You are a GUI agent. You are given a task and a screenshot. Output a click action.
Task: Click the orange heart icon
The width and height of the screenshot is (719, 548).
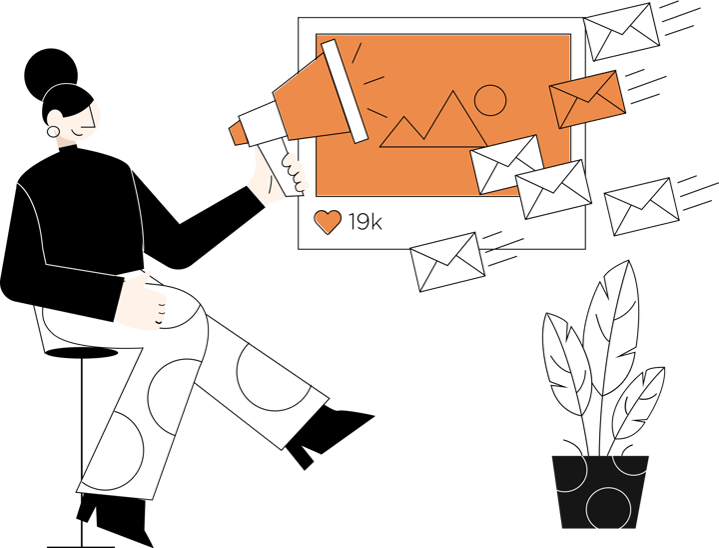pyautogui.click(x=328, y=221)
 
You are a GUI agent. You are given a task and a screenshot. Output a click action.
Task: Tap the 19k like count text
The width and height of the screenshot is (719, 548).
pyautogui.click(x=365, y=222)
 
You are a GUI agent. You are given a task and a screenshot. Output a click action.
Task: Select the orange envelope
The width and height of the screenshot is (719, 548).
pyautogui.click(x=587, y=99)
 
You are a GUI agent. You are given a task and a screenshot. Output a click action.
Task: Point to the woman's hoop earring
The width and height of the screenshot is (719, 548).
pyautogui.click(x=53, y=132)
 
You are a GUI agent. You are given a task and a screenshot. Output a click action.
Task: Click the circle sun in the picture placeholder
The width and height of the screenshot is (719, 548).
pyautogui.click(x=490, y=100)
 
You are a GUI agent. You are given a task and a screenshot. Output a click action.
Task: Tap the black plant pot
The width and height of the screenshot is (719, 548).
pyautogui.click(x=600, y=492)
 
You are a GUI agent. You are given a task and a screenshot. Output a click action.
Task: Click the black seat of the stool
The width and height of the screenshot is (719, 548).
pyautogui.click(x=82, y=353)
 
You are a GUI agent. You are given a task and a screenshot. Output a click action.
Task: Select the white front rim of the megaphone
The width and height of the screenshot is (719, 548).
pyautogui.click(x=345, y=91)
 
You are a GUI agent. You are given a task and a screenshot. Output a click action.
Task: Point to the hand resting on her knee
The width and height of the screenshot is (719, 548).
pyautogui.click(x=141, y=301)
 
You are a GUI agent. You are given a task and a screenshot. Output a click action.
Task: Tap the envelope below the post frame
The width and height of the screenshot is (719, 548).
pyautogui.click(x=447, y=262)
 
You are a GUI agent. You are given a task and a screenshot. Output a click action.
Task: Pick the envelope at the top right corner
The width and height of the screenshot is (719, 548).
pyautogui.click(x=621, y=32)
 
